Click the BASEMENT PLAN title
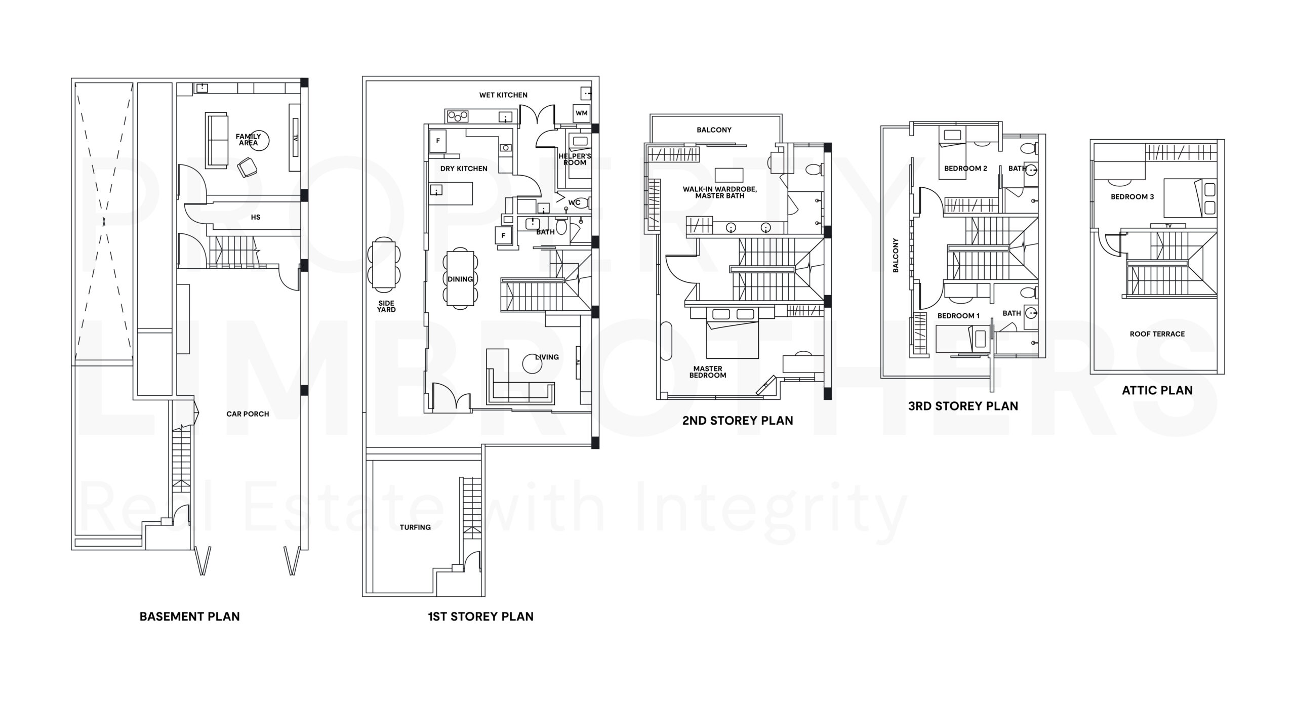[x=189, y=616]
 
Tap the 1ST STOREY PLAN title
[x=480, y=616]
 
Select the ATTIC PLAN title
[x=1157, y=390]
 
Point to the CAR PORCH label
[x=248, y=414]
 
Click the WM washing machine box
[x=581, y=113]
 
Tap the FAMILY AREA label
[x=248, y=140]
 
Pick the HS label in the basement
[x=256, y=217]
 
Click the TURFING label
[x=415, y=527]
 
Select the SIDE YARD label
[x=386, y=307]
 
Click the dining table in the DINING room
[x=460, y=279]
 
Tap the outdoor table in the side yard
[x=383, y=264]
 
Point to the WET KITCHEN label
[x=503, y=95]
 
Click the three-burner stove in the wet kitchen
[x=457, y=116]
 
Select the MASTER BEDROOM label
[x=708, y=372]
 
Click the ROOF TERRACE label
[x=1157, y=334]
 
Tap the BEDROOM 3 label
[x=1132, y=197]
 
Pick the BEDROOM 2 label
[x=965, y=169]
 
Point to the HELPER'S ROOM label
[x=575, y=159]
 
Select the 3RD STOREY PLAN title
[x=963, y=406]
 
